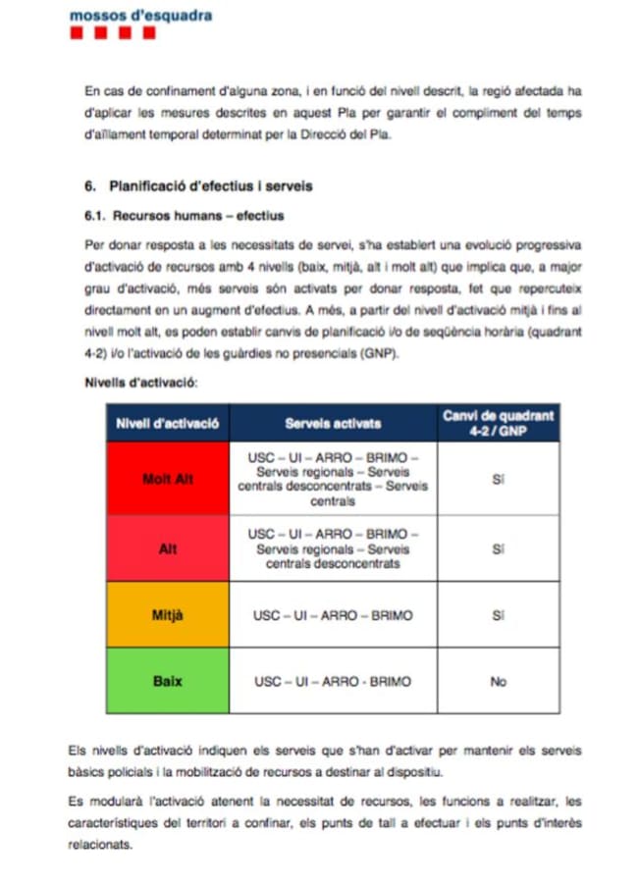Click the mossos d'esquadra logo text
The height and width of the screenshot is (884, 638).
click(x=140, y=15)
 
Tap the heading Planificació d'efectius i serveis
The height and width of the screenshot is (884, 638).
click(x=210, y=185)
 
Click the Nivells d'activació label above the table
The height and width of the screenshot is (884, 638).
click(x=142, y=382)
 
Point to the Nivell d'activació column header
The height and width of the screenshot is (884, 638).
click(x=167, y=424)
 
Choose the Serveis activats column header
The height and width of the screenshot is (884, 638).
click(x=333, y=424)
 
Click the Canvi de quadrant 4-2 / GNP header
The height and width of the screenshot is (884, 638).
click(x=498, y=423)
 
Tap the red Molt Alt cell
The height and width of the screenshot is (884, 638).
click(x=167, y=479)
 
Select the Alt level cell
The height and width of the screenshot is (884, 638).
click(x=167, y=548)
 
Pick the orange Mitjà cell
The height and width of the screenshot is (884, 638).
click(x=167, y=615)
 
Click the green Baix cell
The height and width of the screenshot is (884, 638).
click(x=167, y=681)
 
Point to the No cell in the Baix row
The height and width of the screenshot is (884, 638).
click(x=498, y=681)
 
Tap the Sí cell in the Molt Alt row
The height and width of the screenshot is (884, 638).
click(x=498, y=480)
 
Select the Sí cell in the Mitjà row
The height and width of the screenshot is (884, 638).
click(x=498, y=615)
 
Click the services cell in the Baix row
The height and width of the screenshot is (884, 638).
click(x=333, y=681)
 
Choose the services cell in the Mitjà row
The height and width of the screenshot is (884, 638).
click(x=333, y=615)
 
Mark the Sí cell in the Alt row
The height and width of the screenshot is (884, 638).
click(x=498, y=548)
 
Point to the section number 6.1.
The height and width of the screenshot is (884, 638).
click(x=96, y=215)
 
